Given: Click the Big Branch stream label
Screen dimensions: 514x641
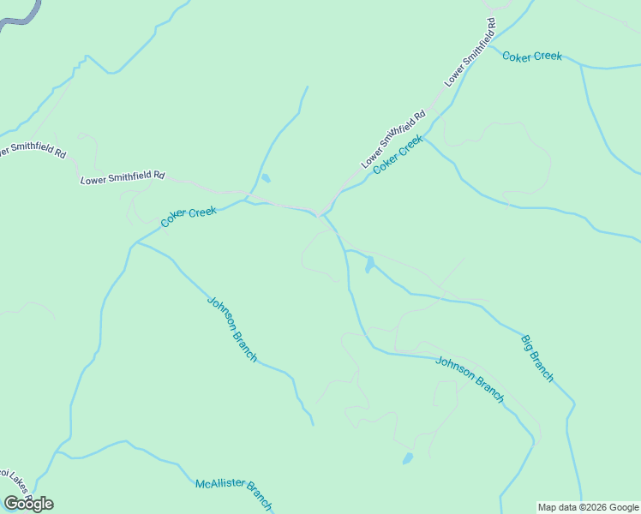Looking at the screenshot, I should pyautogui.click(x=537, y=359).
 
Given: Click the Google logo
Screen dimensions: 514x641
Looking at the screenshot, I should pyautogui.click(x=28, y=504).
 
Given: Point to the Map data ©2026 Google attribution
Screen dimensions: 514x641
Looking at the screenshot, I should pyautogui.click(x=588, y=507).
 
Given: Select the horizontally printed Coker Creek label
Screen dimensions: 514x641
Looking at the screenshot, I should pyautogui.click(x=531, y=57).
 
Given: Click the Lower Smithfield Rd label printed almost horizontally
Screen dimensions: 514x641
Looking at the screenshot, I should pyautogui.click(x=123, y=177).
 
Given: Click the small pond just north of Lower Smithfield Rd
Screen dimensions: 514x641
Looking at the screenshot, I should pyautogui.click(x=266, y=178).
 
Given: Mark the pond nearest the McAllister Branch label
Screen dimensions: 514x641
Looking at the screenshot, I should pyautogui.click(x=408, y=458).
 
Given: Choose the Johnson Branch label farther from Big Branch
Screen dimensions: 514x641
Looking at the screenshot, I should pyautogui.click(x=231, y=329).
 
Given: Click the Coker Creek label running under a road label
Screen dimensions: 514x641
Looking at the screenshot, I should pyautogui.click(x=398, y=155).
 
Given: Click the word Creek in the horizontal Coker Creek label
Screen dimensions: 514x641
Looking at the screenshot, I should pyautogui.click(x=548, y=57).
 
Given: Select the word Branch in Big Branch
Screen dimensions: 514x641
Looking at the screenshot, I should pyautogui.click(x=542, y=366).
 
